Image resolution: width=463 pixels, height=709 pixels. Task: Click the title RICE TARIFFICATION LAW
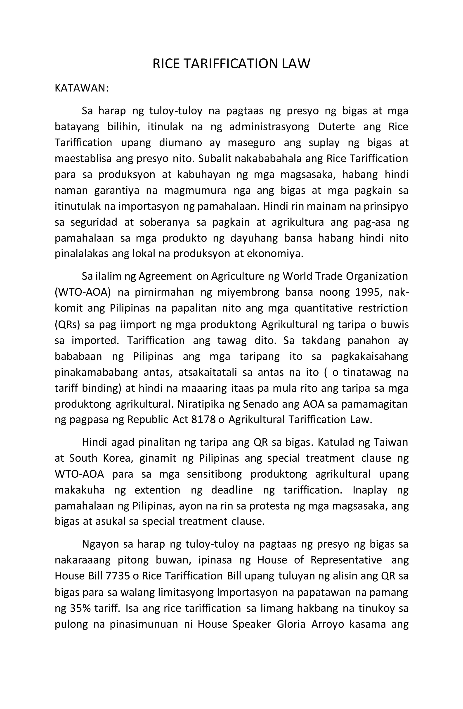[x=231, y=64]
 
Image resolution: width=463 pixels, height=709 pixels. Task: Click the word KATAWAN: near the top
[x=82, y=89]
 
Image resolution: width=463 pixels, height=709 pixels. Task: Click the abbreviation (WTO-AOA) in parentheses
[x=83, y=292]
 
